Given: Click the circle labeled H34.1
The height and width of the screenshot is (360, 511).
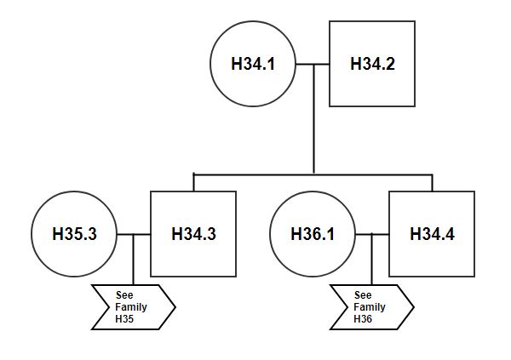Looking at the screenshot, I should coord(253,64).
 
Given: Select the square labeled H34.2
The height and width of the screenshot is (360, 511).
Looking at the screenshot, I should coord(371,64).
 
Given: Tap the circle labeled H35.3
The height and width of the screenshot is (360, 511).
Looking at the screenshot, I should coord(73,233).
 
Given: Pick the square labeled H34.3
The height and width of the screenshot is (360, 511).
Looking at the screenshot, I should coord(192,233).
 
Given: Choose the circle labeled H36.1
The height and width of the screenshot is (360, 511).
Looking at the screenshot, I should coord(312,233).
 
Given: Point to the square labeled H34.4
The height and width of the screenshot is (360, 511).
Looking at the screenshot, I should coord(432,233).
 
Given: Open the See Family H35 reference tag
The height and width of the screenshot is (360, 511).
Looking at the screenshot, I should coord(133,306).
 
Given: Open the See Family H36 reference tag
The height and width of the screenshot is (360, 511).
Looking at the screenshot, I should coord(371,306).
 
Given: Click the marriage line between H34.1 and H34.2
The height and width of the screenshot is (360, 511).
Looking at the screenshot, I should coord(312,64).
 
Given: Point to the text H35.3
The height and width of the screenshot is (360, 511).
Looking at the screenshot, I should coord(73,233).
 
